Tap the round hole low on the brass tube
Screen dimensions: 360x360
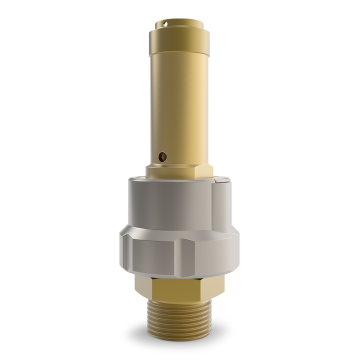coord(163,154)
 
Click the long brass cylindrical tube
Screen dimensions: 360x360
coord(179,100)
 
